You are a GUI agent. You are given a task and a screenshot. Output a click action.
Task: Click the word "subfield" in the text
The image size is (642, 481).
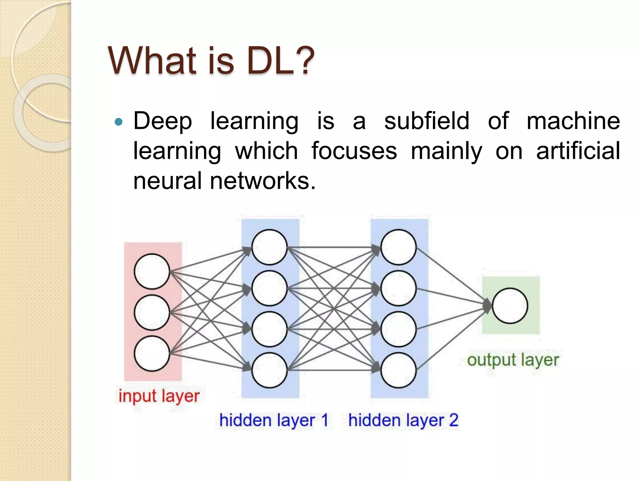427,121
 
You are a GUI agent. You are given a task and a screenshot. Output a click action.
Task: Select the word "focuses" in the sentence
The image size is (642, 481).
354,151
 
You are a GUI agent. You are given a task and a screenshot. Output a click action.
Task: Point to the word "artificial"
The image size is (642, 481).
578,151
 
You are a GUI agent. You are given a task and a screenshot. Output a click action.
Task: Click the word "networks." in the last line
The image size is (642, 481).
263,181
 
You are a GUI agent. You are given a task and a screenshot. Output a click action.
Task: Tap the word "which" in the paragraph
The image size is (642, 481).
266,151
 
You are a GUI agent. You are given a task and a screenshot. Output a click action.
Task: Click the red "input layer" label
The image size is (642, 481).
159,396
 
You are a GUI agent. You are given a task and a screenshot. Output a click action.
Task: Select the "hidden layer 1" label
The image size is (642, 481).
273,420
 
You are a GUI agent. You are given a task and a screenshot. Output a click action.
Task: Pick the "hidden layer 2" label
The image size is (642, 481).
403,420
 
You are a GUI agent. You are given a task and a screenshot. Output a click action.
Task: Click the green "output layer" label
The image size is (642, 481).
513,360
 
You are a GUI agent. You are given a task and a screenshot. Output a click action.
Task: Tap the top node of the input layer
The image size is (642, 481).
152,271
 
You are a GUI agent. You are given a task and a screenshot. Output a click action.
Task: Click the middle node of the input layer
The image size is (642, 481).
152,312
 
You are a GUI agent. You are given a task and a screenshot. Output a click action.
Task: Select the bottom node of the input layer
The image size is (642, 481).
152,354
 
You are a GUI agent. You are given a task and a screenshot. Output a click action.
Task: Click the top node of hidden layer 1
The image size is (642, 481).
269,247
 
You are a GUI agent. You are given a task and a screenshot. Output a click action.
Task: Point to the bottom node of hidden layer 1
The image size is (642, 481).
269,370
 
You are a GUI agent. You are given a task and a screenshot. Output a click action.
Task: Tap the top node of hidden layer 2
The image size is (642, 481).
398,247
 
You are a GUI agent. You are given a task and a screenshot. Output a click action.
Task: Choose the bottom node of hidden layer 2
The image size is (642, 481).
398,370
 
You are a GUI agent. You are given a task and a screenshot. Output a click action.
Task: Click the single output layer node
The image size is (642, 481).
510,306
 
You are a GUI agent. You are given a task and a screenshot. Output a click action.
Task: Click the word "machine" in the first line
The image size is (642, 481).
573,121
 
